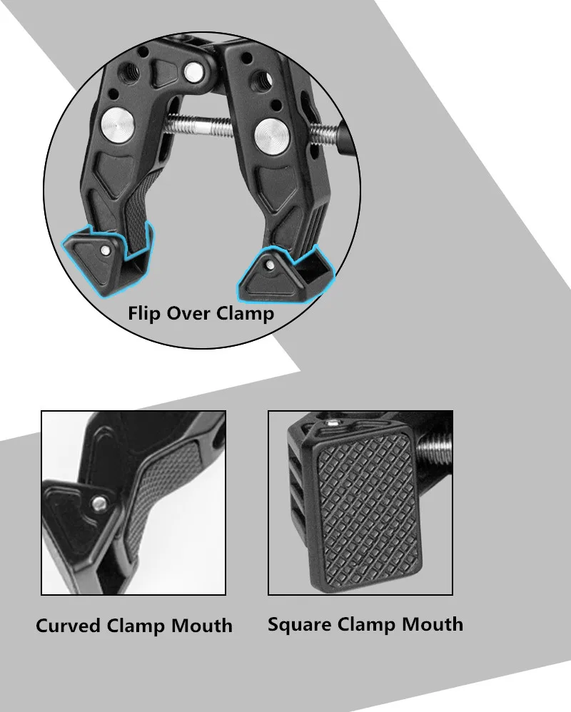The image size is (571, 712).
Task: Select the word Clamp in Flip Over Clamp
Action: click(246, 314)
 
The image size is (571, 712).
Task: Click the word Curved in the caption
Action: click(68, 626)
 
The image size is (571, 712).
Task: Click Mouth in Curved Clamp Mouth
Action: click(202, 626)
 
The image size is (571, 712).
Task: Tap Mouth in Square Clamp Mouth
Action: click(433, 624)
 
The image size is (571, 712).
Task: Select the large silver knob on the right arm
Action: click(269, 136)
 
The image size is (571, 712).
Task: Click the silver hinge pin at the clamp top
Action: click(193, 71)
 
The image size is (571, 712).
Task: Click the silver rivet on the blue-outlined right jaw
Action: click(270, 265)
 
